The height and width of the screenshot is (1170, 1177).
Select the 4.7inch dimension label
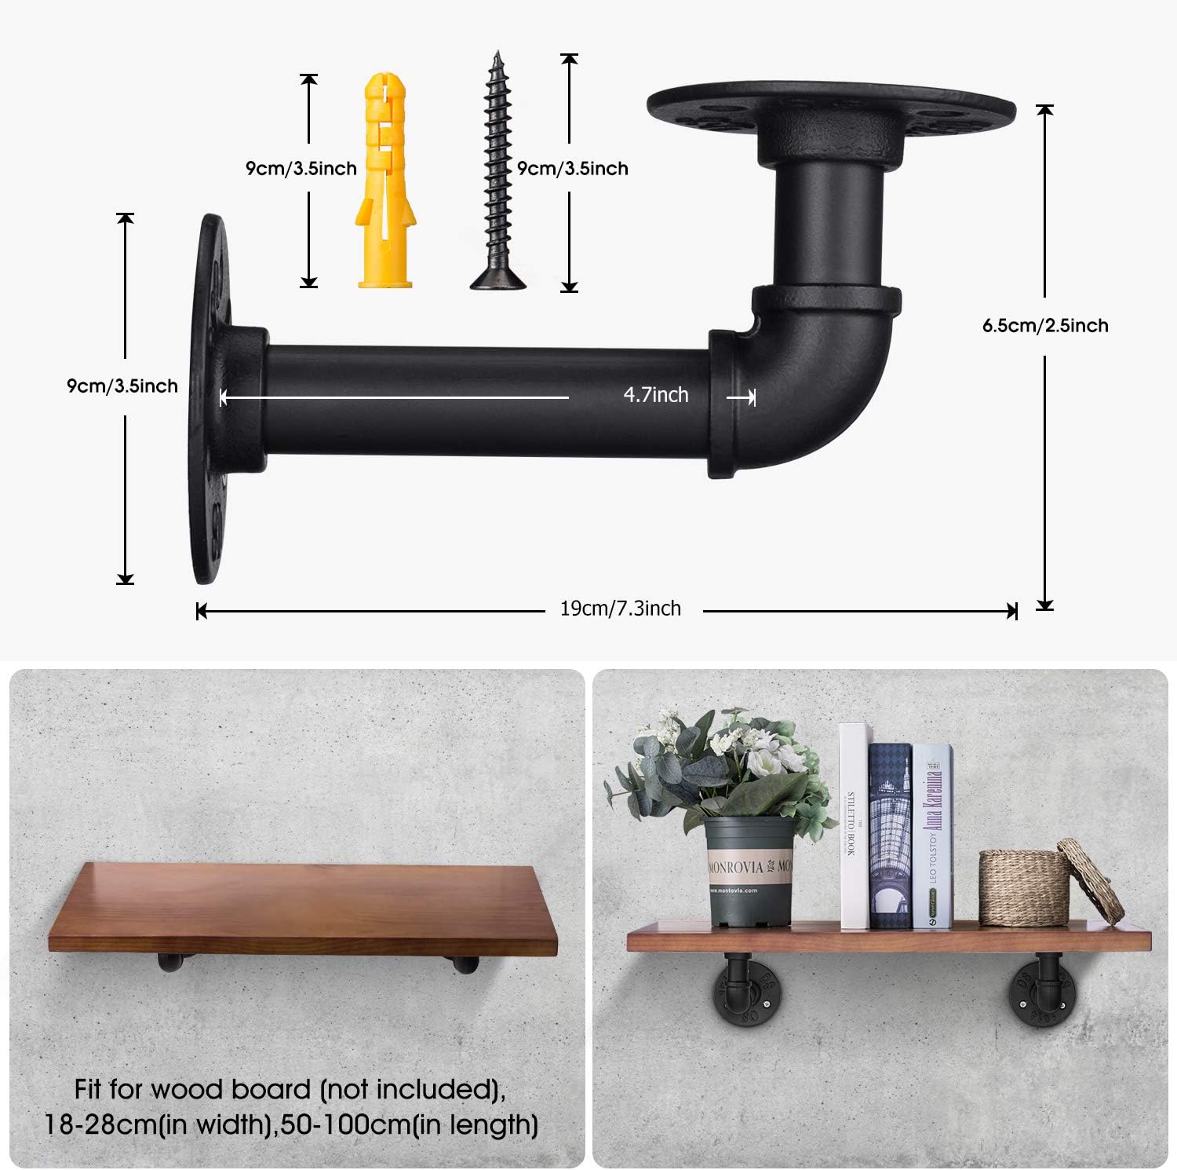coord(656,395)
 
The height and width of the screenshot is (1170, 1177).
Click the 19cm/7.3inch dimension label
coord(621,609)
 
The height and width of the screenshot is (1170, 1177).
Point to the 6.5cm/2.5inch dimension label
coord(1045,325)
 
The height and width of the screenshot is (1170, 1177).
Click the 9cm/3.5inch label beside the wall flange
coord(122,386)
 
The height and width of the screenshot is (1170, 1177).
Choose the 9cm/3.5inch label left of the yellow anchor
coord(301,168)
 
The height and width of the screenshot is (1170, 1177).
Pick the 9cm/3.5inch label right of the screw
coord(573,168)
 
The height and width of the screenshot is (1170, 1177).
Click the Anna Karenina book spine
coord(932,836)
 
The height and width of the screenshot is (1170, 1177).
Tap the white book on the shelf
coord(854,824)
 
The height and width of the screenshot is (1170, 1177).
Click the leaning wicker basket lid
coord(1091,879)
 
